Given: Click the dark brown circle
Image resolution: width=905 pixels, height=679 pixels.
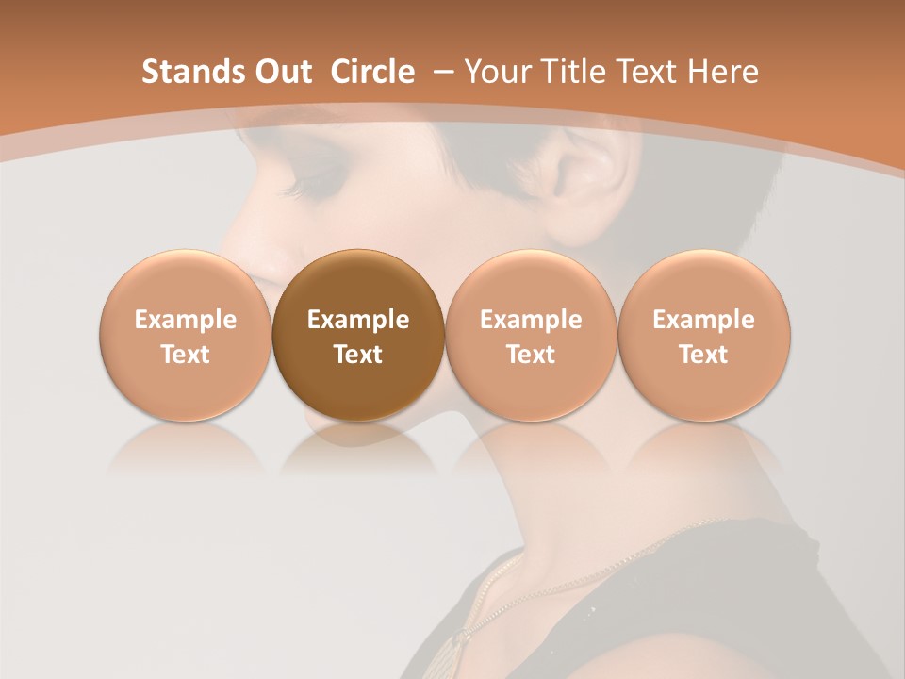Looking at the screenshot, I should click(358, 335).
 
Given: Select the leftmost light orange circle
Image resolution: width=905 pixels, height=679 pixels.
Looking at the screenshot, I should click(185, 335).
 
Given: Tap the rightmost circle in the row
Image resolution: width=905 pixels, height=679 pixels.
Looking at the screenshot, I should click(704, 335).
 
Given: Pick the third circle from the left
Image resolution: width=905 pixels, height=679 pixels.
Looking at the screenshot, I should click(531, 335).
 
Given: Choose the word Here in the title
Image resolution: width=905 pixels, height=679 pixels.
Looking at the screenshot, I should click(724, 72).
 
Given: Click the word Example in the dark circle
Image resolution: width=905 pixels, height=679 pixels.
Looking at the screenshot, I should click(358, 320).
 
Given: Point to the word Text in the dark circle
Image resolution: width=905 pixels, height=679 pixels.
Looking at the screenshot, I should click(358, 355).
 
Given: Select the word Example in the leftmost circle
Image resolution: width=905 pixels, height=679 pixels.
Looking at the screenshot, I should click(185, 320).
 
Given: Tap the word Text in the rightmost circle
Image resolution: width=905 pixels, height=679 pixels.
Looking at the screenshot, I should click(704, 355).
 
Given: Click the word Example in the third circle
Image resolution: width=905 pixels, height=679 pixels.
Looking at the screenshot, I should click(531, 320).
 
